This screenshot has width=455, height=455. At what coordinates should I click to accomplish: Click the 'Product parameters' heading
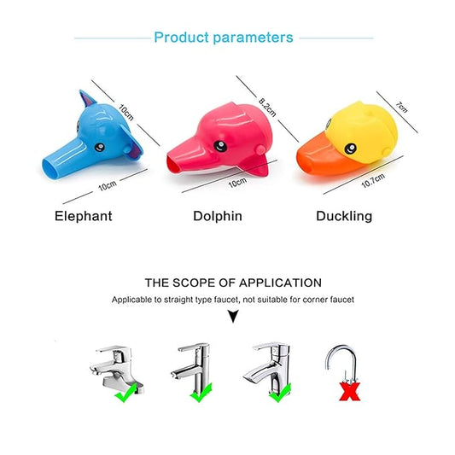[x=223, y=38]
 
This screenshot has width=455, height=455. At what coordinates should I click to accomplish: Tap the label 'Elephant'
[x=83, y=216]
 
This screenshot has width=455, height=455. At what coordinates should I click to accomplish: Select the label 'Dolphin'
[x=217, y=216]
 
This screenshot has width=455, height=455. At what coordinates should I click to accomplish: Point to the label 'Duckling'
[x=343, y=216]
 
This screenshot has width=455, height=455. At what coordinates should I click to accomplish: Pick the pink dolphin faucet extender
[x=224, y=142]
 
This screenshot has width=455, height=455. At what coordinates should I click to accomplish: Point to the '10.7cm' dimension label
[x=373, y=181]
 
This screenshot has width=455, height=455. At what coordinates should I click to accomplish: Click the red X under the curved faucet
[x=347, y=392]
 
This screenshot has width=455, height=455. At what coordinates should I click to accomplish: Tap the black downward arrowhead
[x=233, y=318]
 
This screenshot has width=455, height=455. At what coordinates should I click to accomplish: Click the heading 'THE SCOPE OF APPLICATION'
[x=233, y=283]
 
